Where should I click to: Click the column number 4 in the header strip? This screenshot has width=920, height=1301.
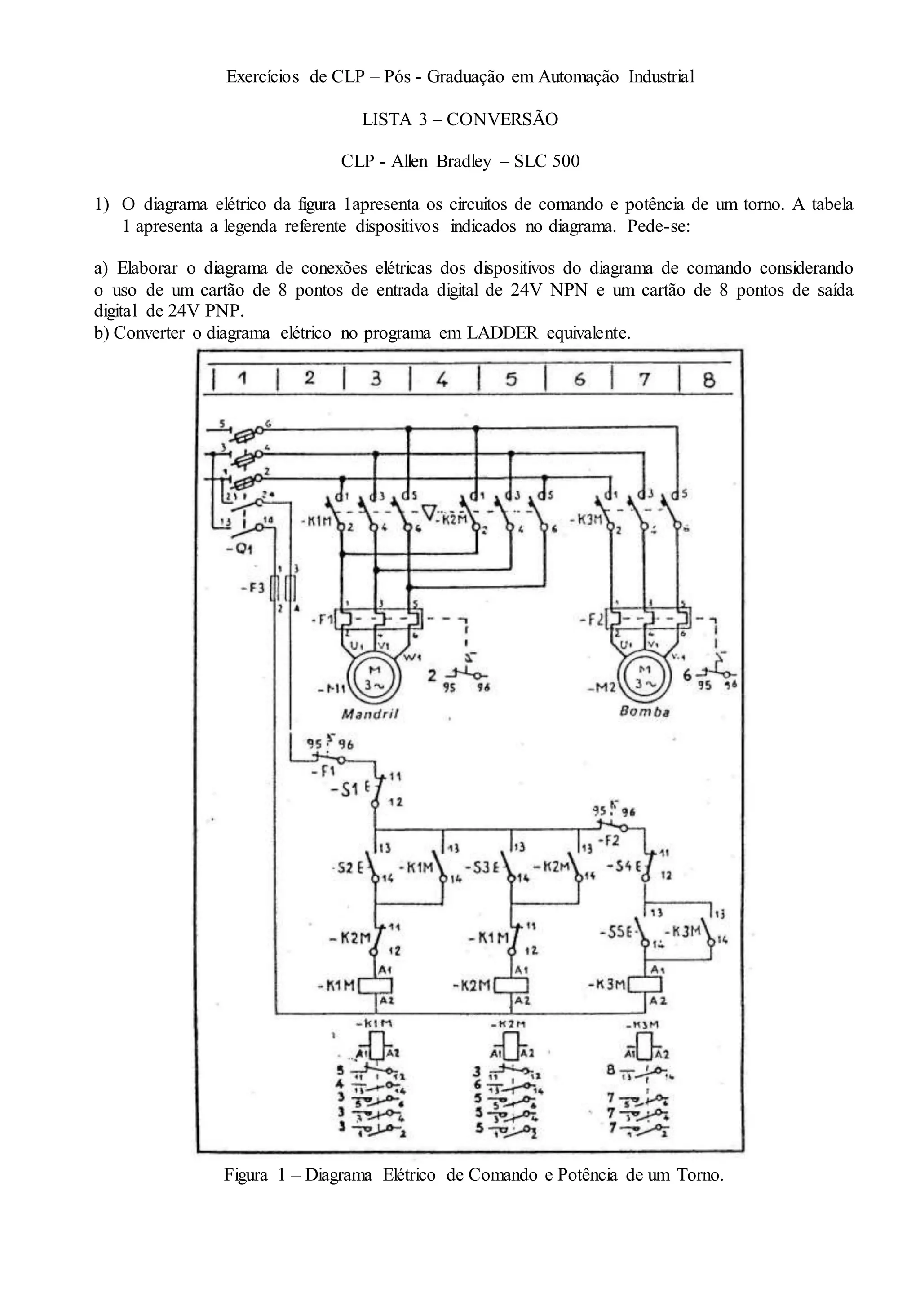(442, 379)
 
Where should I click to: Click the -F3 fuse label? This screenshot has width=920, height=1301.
(252, 588)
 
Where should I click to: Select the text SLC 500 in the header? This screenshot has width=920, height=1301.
(547, 161)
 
